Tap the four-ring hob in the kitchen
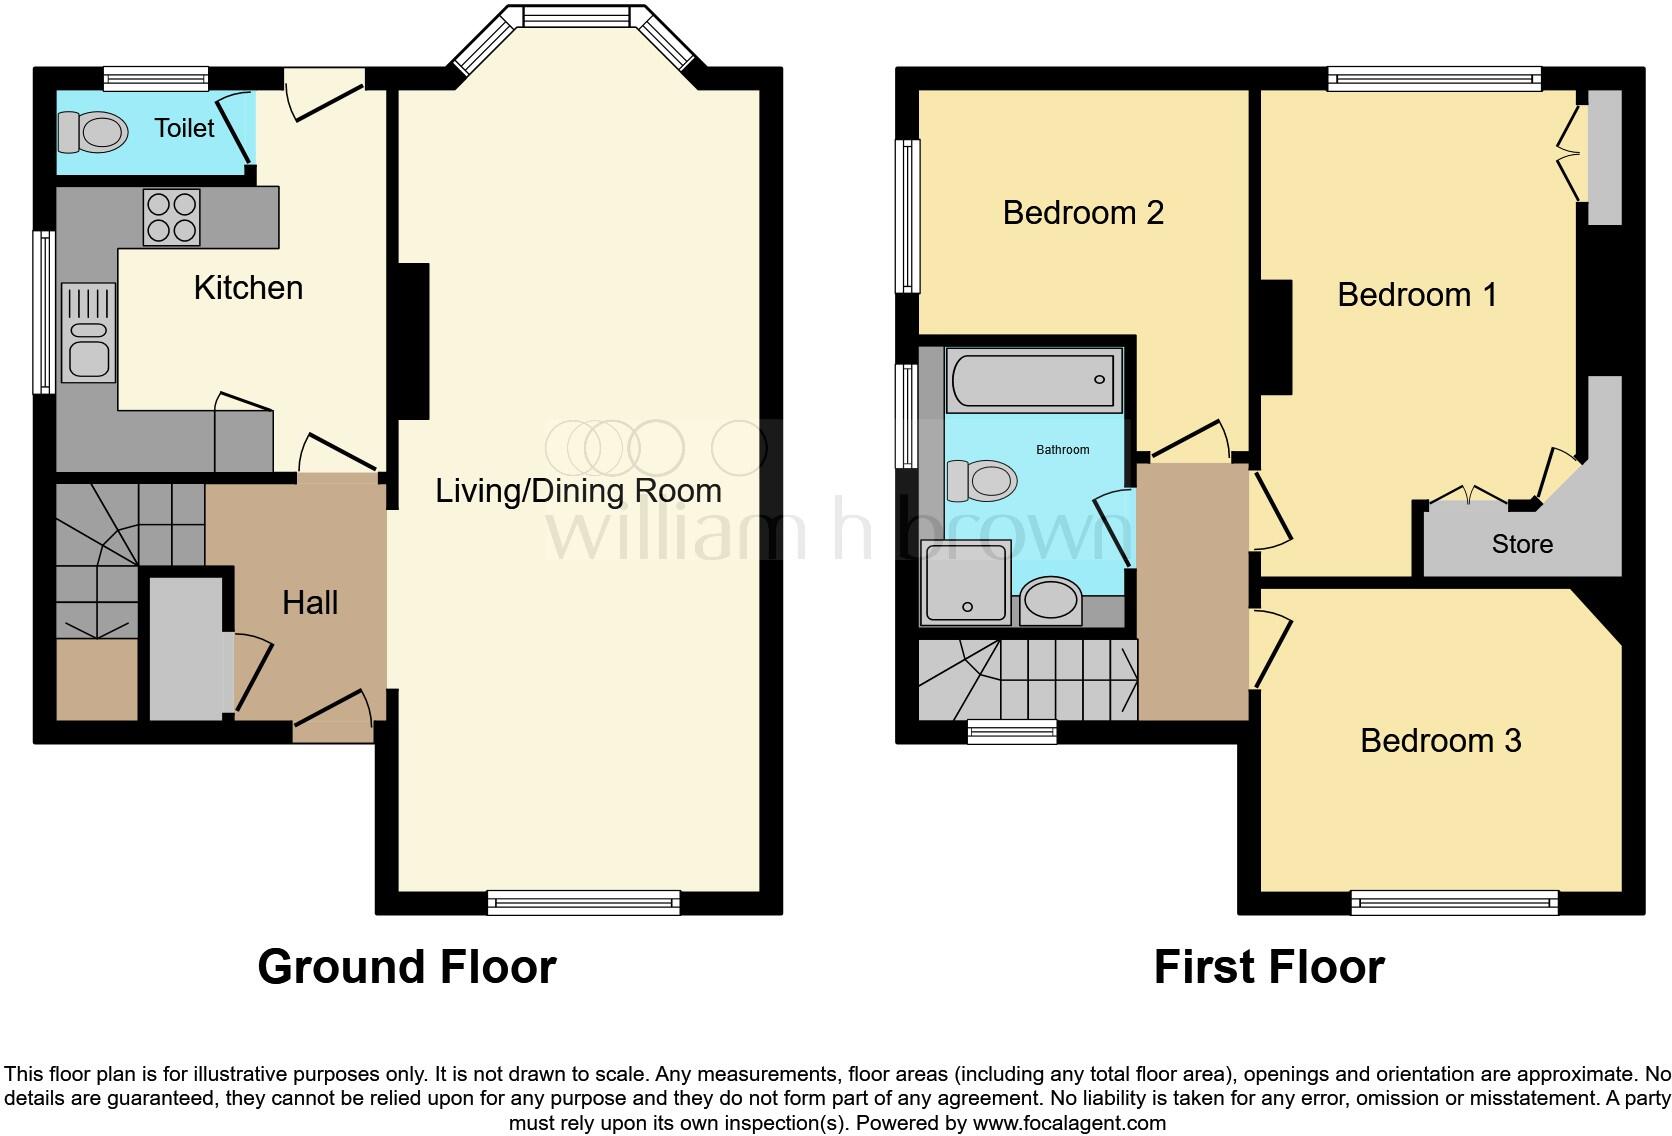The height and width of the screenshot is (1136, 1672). point(171,217)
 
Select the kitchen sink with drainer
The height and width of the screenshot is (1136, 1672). point(89,333)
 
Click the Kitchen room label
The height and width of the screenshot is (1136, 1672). point(248,288)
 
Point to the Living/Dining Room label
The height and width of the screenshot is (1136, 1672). point(578,491)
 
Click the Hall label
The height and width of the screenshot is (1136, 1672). point(310,603)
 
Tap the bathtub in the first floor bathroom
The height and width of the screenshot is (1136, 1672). point(1031,380)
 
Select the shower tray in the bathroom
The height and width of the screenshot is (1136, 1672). point(967,581)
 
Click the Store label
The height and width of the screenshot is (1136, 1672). point(1522,544)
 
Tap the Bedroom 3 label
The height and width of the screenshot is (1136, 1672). point(1440,741)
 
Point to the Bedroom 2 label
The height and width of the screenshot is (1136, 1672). point(1083,213)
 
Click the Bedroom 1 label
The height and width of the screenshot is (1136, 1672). point(1417,295)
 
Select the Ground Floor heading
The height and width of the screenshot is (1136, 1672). point(406,967)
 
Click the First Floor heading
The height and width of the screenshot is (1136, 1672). point(1268,967)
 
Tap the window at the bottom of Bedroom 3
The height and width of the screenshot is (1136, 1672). point(1454,903)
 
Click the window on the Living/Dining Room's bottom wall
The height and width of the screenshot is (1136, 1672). point(584,903)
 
